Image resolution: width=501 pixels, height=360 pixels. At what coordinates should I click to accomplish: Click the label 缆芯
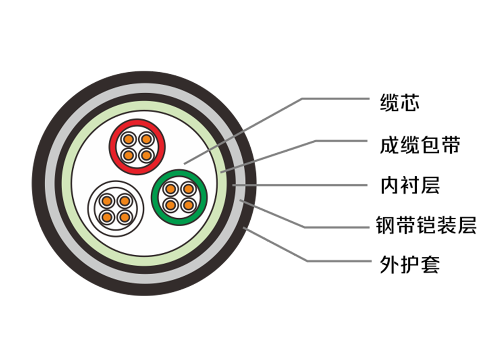point(399,103)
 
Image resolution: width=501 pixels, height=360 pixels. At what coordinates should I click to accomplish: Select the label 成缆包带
point(420,145)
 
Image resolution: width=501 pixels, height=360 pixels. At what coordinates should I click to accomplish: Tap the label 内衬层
point(410,185)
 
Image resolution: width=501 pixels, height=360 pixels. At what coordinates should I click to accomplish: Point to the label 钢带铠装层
point(426,225)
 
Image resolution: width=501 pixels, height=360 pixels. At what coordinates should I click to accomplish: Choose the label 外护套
point(410,264)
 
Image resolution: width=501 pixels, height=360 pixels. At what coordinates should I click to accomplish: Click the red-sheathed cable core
point(137,147)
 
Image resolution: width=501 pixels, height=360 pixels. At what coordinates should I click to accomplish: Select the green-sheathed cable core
point(179,197)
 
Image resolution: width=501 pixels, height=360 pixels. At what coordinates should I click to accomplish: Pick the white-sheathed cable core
point(116,209)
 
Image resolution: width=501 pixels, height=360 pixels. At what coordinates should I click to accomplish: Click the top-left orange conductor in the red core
point(128,139)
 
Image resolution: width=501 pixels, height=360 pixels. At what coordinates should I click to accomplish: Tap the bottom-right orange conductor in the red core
point(146,155)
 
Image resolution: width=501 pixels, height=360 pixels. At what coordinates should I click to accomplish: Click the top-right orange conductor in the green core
point(188,189)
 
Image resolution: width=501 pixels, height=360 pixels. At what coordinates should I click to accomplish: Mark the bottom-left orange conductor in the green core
point(171,205)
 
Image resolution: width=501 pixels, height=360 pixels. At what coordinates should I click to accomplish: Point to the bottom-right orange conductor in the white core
point(124,218)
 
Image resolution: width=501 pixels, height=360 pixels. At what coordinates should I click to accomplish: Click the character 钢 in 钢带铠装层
point(385,225)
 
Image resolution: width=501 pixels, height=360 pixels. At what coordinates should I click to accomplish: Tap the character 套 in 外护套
point(431,264)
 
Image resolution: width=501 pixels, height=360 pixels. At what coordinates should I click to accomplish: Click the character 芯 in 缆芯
point(409,103)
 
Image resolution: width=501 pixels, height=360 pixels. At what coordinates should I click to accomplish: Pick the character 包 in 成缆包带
point(430,145)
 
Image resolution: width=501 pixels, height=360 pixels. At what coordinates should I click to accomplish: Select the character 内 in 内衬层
point(390,185)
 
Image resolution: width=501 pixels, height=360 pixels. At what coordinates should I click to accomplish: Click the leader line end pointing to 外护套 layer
point(244,228)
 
